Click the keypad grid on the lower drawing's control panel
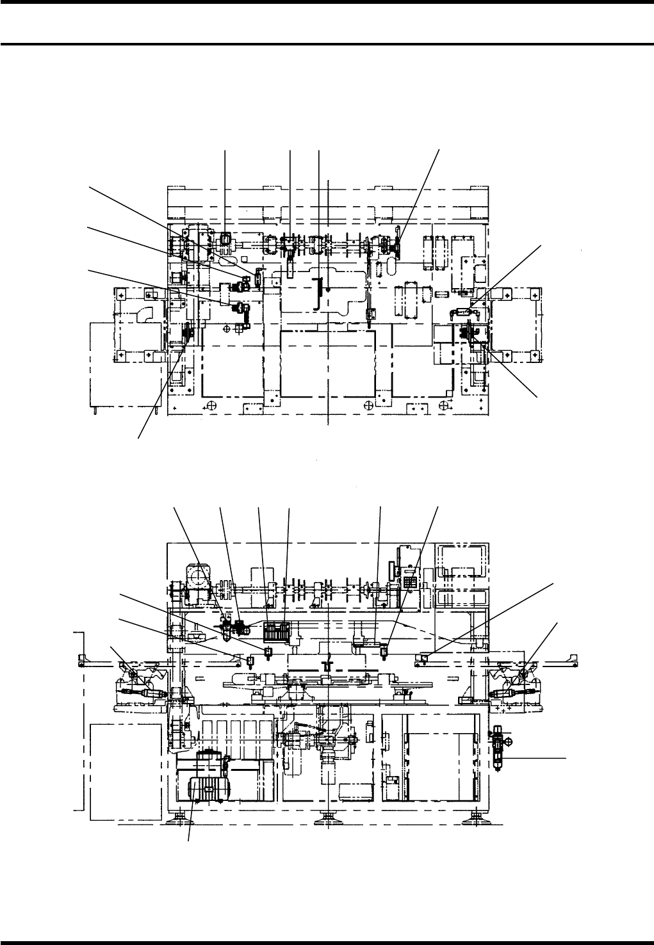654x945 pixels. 411,582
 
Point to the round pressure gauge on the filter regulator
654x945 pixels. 509,741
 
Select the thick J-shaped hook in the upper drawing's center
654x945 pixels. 316,294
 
